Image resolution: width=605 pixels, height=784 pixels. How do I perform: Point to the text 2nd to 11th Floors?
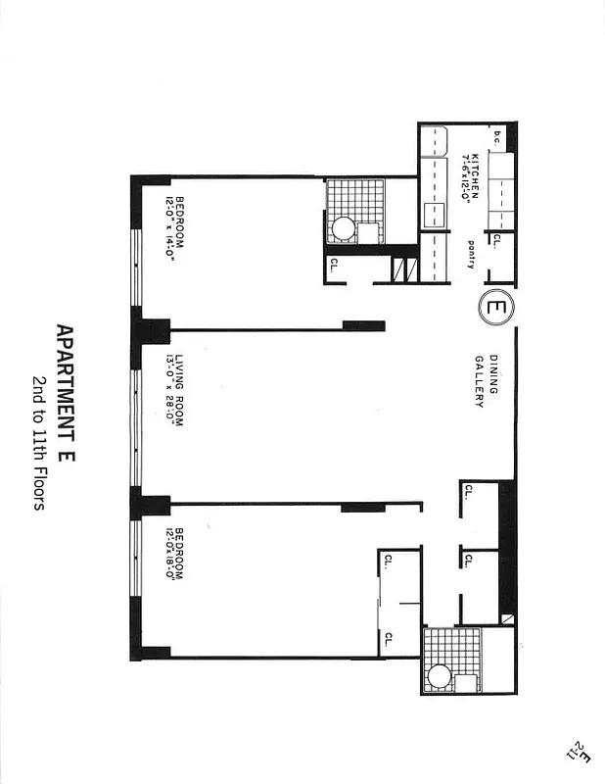click(39, 444)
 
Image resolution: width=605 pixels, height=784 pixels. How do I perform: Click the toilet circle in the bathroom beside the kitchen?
click(343, 229)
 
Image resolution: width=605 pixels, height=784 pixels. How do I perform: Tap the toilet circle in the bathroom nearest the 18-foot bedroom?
click(440, 675)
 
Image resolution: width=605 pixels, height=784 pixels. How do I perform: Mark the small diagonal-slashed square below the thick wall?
click(506, 618)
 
